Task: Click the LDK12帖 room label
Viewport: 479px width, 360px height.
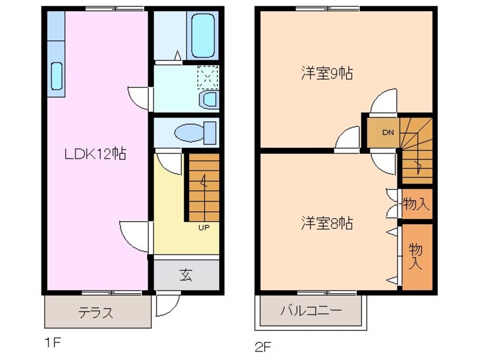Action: pyautogui.click(x=95, y=153)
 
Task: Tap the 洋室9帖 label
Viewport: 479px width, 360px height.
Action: pyautogui.click(x=327, y=74)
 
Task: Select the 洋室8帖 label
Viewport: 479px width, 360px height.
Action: pyautogui.click(x=327, y=223)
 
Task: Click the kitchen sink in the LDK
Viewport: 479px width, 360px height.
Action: pyautogui.click(x=57, y=75)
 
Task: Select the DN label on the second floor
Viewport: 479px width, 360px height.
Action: pyautogui.click(x=387, y=133)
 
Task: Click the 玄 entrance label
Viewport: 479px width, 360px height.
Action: pyautogui.click(x=186, y=276)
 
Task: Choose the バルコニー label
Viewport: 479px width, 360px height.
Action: pyautogui.click(x=311, y=311)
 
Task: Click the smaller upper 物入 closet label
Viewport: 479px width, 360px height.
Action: pyautogui.click(x=416, y=203)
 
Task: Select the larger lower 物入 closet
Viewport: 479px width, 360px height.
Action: pyautogui.click(x=417, y=256)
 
